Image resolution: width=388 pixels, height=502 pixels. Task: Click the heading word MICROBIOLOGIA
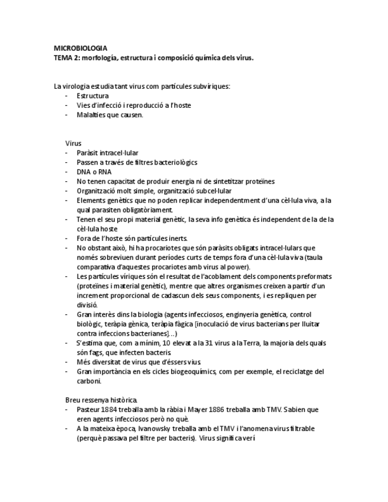[81, 48]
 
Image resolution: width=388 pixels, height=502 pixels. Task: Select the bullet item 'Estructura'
[92, 95]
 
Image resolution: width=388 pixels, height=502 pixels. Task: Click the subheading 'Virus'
[73, 143]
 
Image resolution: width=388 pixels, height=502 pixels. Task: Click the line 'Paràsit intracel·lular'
[107, 153]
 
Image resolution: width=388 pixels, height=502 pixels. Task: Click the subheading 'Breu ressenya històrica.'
[102, 400]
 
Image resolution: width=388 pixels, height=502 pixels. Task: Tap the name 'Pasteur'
[89, 410]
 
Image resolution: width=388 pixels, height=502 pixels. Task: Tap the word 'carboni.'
[89, 381]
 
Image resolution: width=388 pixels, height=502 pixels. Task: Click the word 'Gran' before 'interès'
[84, 314]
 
